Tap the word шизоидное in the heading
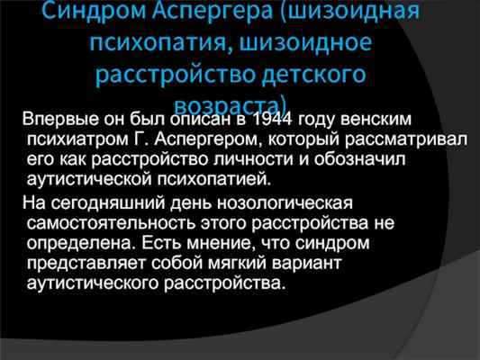(305, 42)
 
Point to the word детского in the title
(314, 76)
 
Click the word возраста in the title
(226, 105)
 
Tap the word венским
(376, 119)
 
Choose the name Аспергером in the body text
(205, 139)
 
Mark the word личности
(253, 159)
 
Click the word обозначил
(359, 159)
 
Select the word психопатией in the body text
(214, 179)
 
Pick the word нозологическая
(285, 203)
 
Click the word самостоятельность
(111, 223)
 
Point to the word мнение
(220, 243)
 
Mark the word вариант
(306, 264)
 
